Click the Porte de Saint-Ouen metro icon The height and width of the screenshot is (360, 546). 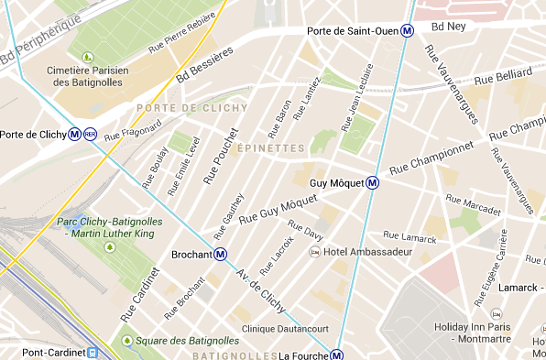coord(408,29)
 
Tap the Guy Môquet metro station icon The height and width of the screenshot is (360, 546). coord(373,182)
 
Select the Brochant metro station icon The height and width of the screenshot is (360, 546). coord(220,254)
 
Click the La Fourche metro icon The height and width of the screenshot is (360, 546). coord(337,355)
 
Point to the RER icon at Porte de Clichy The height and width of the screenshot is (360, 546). coord(90,135)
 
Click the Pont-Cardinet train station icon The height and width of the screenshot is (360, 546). coord(93,352)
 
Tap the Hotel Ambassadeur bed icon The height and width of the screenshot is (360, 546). coord(314,251)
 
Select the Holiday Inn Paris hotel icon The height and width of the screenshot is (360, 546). coord(496,313)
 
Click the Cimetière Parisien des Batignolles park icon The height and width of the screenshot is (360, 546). coord(89,58)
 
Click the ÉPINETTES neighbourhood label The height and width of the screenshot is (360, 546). coord(269,147)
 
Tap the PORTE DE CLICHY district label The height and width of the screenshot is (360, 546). coord(179,108)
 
